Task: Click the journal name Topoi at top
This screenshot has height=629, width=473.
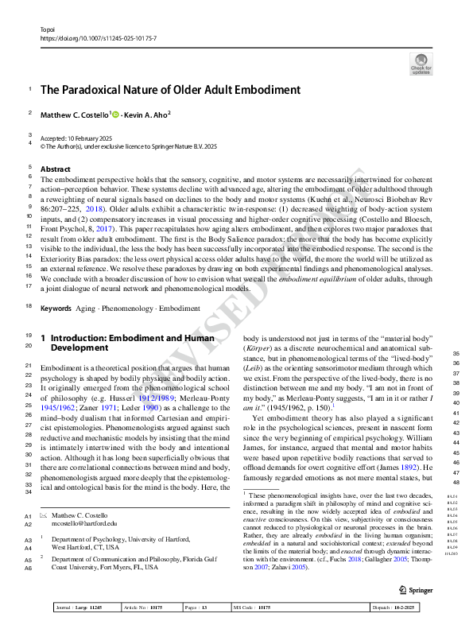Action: pyautogui.click(x=47, y=28)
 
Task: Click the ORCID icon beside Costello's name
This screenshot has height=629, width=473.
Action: pyautogui.click(x=115, y=115)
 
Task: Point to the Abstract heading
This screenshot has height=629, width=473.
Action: pyautogui.click(x=55, y=169)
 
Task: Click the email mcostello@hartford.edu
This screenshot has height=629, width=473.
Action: pyautogui.click(x=83, y=523)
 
